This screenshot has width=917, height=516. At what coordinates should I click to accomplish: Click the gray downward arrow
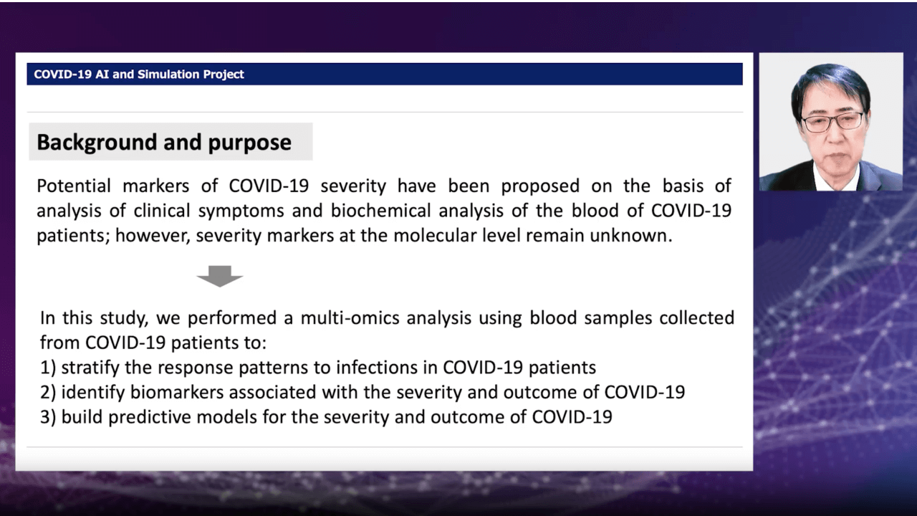(220, 276)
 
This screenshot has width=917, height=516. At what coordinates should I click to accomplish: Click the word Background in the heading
(97, 143)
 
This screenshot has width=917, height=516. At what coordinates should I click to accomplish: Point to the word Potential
(74, 186)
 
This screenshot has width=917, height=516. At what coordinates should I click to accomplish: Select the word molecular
(456, 236)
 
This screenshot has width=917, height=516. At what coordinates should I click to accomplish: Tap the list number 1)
(48, 368)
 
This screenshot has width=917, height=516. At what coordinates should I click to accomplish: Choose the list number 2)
(48, 392)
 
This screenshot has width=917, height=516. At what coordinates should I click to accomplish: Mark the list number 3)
(48, 417)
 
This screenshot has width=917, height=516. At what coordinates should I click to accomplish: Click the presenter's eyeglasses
(832, 122)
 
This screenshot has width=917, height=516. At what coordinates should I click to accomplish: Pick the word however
(153, 236)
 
